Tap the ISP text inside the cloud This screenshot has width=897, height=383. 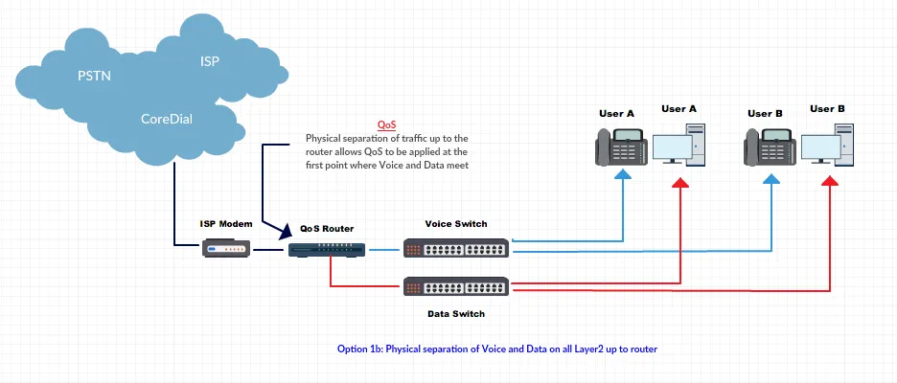(x=209, y=61)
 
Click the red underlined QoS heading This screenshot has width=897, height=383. (x=386, y=125)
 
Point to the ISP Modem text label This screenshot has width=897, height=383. (x=226, y=223)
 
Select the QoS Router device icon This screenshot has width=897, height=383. (x=326, y=249)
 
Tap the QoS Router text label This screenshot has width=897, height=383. (x=327, y=228)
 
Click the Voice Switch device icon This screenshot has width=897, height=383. (x=456, y=249)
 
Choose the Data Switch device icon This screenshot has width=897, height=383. (x=456, y=285)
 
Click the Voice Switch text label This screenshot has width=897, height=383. (x=456, y=223)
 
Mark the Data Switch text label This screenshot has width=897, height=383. (x=456, y=313)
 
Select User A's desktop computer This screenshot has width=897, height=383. (x=682, y=146)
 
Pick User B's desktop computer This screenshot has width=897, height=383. (x=831, y=146)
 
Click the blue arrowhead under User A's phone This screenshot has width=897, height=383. (x=623, y=176)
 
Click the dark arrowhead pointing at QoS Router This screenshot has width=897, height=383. (x=285, y=232)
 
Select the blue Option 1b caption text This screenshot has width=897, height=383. (x=497, y=348)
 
